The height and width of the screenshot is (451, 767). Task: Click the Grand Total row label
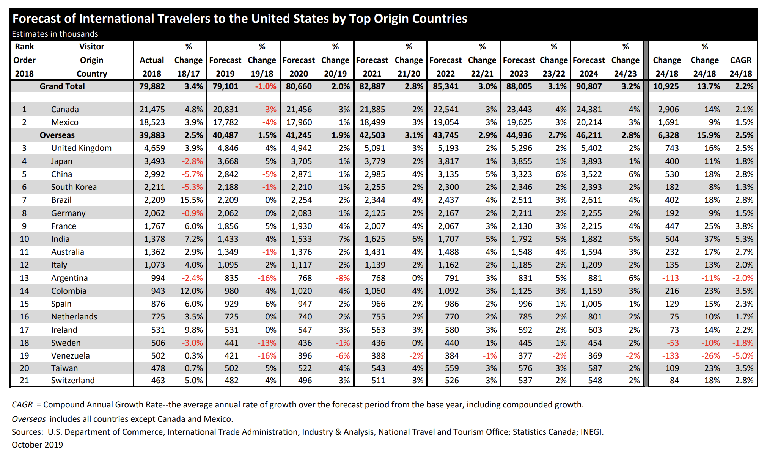[x=62, y=86]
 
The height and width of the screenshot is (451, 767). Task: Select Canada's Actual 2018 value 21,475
[x=152, y=110]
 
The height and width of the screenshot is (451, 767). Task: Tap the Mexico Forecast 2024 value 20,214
[x=589, y=122]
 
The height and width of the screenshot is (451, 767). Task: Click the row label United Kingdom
[x=81, y=148]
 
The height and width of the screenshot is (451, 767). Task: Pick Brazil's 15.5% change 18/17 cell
[x=192, y=200]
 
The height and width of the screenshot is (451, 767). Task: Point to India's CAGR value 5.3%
[x=744, y=239]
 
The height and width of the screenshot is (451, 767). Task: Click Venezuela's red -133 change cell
[x=671, y=356]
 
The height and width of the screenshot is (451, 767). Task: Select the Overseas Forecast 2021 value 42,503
[x=372, y=135]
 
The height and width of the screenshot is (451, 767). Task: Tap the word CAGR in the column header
[x=741, y=60]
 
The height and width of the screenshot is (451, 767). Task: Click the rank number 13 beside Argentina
[x=24, y=278]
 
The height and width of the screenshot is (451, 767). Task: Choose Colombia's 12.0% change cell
[x=192, y=291]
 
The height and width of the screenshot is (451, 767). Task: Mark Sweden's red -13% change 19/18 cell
[x=267, y=343]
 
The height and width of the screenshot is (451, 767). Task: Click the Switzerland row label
[x=73, y=381]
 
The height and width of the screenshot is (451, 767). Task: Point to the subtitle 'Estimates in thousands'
[x=55, y=34]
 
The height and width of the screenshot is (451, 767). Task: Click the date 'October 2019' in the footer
[x=37, y=445]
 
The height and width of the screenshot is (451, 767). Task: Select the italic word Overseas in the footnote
[x=29, y=419]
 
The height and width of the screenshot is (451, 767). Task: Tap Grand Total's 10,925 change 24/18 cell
[x=666, y=86]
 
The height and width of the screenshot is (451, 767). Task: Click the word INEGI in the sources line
[x=592, y=432]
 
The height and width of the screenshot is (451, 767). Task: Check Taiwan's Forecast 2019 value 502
[x=231, y=368]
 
